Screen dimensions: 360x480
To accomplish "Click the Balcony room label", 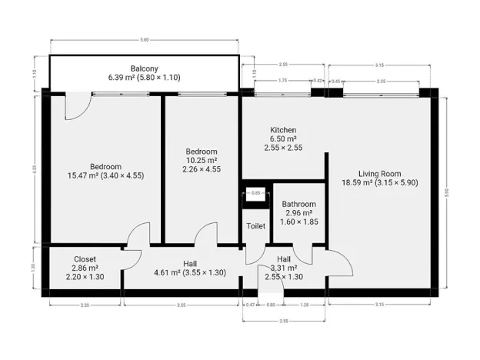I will [144, 68].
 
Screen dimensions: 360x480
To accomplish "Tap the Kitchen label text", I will [282, 130].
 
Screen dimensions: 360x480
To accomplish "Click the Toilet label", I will [255, 226].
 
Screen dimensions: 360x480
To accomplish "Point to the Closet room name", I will [85, 259].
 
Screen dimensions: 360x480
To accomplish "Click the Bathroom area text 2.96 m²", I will [298, 213].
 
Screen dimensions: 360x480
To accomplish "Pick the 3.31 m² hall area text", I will [283, 268].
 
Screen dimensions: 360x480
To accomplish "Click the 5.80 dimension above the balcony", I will [144, 39].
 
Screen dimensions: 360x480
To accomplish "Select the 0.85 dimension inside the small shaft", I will [257, 192].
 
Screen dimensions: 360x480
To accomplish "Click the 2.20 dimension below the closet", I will [85, 305].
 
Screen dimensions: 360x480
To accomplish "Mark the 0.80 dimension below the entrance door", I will [270, 305].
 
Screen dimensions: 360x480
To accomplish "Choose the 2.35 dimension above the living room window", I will [381, 80].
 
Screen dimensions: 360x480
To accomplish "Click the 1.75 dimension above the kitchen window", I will [282, 80].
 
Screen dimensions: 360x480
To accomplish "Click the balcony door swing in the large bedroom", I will [77, 107].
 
